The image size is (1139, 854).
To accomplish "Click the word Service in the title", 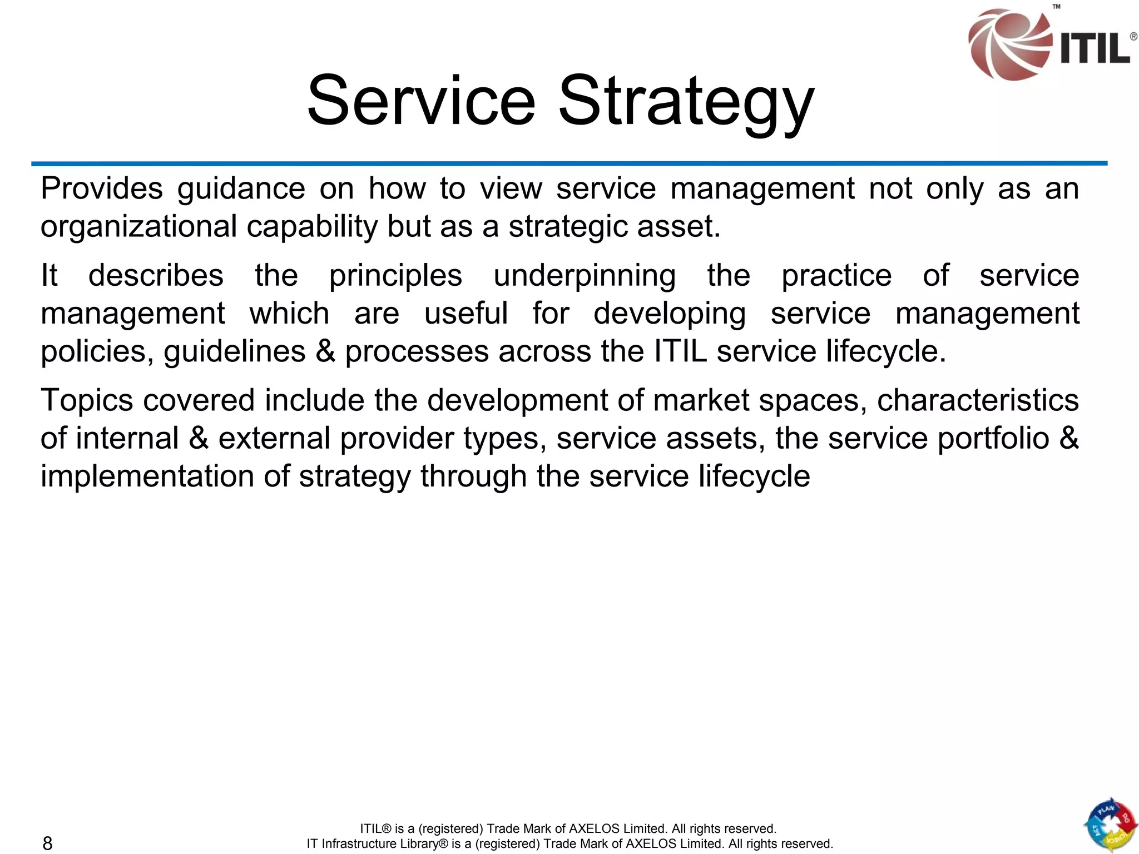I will point(421,101).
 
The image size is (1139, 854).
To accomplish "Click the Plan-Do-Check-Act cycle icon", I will point(1110,825).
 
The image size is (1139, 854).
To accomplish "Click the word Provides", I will point(101,188).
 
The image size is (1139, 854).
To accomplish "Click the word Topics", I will point(87,401).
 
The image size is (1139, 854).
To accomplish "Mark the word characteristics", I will point(978,400).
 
